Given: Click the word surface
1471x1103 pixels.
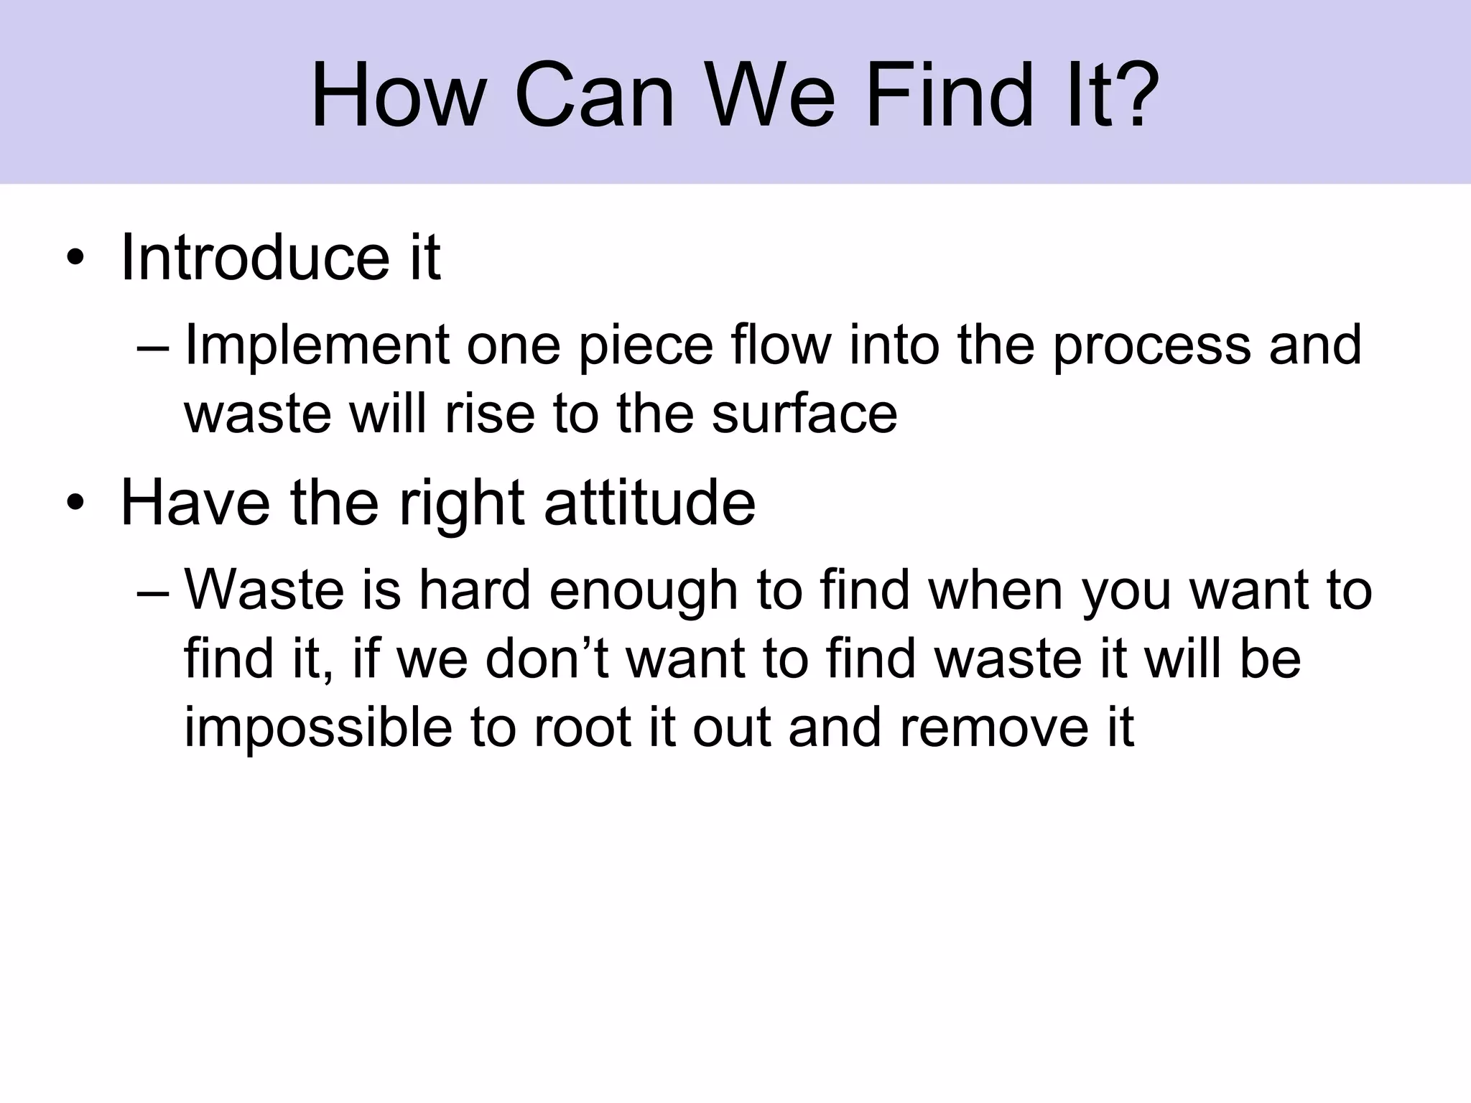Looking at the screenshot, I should click(804, 414).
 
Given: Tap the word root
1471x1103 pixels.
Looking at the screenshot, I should click(583, 728).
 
